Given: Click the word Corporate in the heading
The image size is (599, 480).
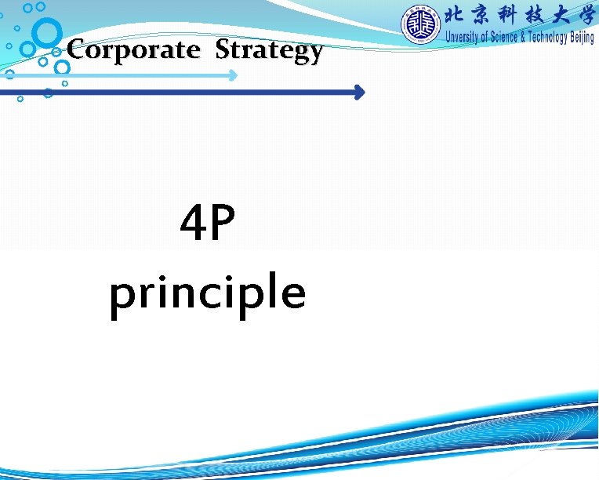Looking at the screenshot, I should [133, 50].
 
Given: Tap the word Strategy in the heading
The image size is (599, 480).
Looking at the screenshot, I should [269, 51].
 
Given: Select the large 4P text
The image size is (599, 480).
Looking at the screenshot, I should [207, 224].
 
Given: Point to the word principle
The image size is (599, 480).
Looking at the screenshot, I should [207, 293].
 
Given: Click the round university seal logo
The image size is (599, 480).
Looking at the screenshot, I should [422, 24].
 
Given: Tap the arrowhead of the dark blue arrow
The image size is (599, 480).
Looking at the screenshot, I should [359, 93].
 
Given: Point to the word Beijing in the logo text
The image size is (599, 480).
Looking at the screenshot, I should [582, 38].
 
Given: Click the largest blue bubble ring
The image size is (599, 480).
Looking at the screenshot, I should [48, 33].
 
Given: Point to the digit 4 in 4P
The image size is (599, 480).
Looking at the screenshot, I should [193, 224].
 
